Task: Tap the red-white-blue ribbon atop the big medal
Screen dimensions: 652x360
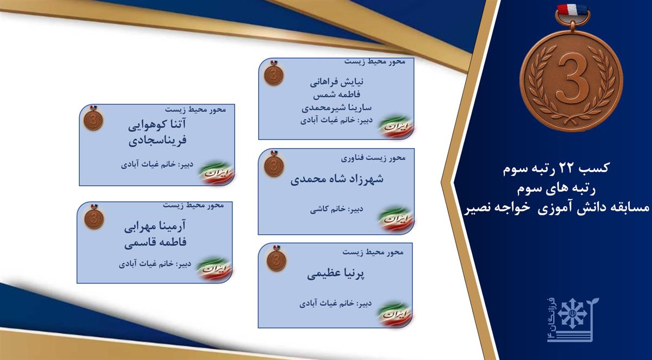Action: coord(572,11)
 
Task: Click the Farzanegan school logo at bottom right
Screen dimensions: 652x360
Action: coord(572,320)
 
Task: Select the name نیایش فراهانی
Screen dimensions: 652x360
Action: coord(337,83)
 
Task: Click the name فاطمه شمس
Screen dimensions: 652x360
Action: coord(337,94)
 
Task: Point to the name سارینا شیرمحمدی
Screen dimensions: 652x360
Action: coord(337,108)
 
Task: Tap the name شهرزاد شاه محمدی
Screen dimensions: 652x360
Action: coord(337,179)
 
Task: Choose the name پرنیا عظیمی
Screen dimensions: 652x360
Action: coord(336,274)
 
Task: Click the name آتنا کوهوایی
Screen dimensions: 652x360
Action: coord(157,125)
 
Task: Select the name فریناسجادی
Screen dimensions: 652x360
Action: coord(158,141)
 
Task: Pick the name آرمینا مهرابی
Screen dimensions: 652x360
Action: coord(155,226)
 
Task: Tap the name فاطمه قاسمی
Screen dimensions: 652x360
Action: coord(155,242)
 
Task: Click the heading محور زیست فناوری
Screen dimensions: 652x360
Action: coord(373,158)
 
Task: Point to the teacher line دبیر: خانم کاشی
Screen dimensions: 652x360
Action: coord(337,209)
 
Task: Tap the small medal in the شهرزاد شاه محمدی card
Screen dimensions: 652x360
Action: coord(274,165)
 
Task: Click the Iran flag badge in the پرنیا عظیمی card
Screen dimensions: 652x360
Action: coord(394,315)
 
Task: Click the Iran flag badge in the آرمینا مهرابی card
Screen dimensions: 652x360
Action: coord(215,269)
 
